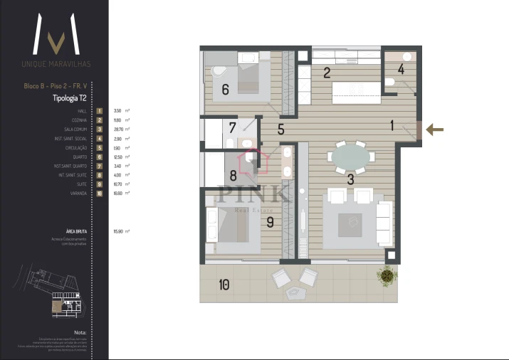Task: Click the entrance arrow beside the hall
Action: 435,129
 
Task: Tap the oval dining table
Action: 351,156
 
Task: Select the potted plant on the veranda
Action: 387,274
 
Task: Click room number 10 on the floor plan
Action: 224,285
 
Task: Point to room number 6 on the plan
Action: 225,90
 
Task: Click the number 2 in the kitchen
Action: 327,72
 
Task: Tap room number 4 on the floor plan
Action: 401,69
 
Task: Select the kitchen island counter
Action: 357,89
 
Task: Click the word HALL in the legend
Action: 83,112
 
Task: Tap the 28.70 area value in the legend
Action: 118,129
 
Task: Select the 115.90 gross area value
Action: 118,231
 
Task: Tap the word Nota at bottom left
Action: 80,332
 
